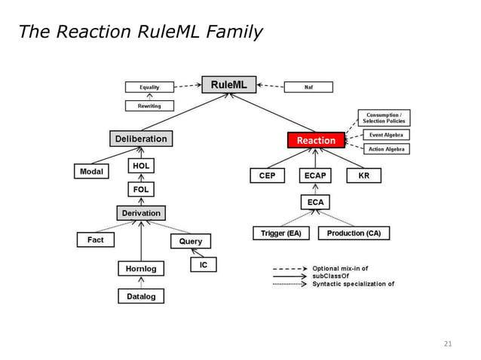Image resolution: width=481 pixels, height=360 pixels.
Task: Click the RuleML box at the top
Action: (x=228, y=84)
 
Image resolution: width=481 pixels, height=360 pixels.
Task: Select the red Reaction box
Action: (x=316, y=140)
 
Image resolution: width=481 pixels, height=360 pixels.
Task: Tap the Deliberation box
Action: (x=140, y=139)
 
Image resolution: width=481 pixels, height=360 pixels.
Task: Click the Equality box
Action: (x=149, y=87)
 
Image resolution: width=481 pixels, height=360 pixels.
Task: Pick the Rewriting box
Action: (x=149, y=106)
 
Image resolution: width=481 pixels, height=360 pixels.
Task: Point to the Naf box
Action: (x=308, y=87)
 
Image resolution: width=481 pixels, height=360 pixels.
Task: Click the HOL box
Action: (x=141, y=166)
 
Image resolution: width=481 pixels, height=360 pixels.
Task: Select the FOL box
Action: (x=141, y=190)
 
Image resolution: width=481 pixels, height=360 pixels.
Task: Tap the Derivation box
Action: (x=141, y=213)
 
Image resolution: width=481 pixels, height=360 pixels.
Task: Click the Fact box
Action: (x=96, y=239)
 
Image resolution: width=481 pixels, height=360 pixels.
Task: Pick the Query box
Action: (x=190, y=241)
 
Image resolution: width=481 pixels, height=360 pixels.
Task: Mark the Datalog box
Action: (x=141, y=296)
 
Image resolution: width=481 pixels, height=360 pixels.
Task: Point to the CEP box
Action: (x=267, y=175)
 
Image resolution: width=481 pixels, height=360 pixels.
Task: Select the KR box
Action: (x=363, y=175)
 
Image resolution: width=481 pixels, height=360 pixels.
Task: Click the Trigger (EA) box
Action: (x=280, y=233)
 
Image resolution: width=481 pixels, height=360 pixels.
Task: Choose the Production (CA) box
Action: (x=354, y=233)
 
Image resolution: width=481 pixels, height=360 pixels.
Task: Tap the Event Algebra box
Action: (x=385, y=135)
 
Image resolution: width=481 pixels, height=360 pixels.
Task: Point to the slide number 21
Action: (x=448, y=344)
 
